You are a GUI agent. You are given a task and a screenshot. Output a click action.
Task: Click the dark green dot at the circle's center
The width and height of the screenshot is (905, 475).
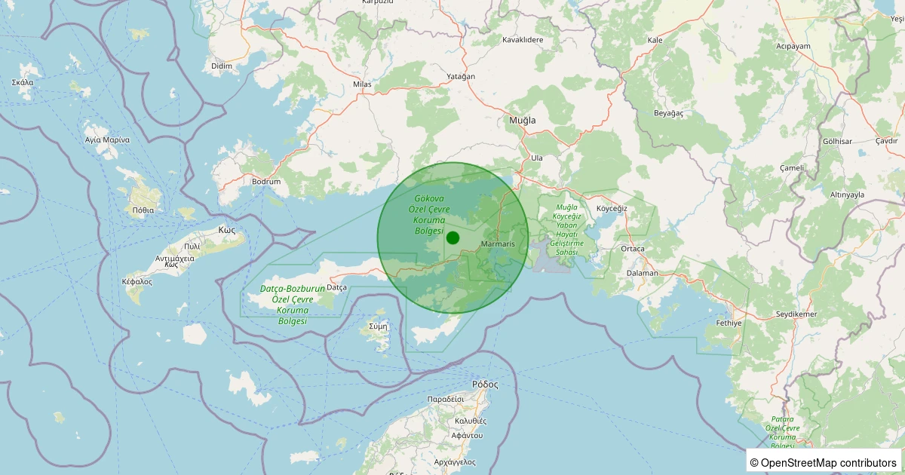coord(452,237)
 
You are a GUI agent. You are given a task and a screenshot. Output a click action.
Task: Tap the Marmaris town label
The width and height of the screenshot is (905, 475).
coord(497,244)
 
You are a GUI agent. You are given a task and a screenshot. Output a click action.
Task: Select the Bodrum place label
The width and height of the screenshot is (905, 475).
coord(266,182)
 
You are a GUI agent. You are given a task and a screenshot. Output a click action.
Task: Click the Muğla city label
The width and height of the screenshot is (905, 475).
coord(523,121)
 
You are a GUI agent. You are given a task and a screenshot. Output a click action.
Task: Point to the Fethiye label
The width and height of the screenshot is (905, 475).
coord(729,323)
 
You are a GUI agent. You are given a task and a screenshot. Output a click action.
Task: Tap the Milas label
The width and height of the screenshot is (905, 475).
coord(363,84)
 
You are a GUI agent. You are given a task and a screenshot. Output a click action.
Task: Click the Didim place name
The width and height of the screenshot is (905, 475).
coord(222,66)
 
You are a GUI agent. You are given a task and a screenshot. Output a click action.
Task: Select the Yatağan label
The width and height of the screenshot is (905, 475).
coord(461,77)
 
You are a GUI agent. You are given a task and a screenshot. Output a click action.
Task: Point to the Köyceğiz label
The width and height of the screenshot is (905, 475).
coord(612,207)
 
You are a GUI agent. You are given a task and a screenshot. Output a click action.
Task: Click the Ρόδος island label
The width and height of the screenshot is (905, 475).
coord(485,384)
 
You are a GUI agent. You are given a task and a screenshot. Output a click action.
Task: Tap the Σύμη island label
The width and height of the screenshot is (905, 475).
coord(379,326)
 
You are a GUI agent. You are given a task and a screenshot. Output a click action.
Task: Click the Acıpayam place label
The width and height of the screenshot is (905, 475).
coord(793,46)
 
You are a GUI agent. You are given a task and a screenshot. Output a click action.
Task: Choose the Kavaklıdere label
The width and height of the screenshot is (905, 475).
coord(523,39)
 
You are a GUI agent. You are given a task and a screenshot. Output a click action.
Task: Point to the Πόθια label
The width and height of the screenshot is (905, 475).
coord(143,210)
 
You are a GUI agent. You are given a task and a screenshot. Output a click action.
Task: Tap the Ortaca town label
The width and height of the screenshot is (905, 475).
coord(632,249)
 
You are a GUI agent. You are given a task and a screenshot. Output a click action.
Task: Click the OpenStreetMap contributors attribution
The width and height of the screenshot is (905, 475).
coord(824,462)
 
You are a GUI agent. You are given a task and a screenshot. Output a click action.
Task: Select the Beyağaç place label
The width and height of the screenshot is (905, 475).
coord(668,112)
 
